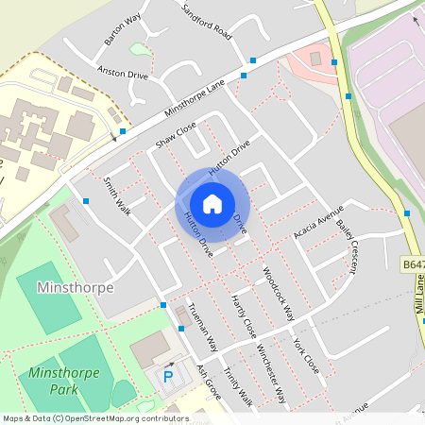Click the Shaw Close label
click(x=176, y=135)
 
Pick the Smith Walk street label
click(x=117, y=194)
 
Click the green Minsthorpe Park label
click(x=51, y=381)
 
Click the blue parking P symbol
click(x=168, y=376)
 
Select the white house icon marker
click(x=212, y=203)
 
